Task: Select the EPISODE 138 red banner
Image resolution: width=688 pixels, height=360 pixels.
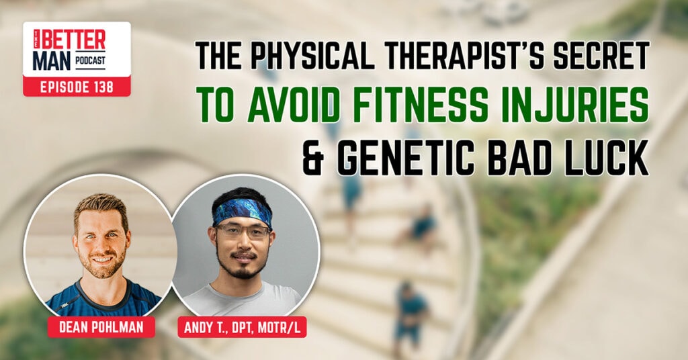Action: (x=77, y=87)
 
